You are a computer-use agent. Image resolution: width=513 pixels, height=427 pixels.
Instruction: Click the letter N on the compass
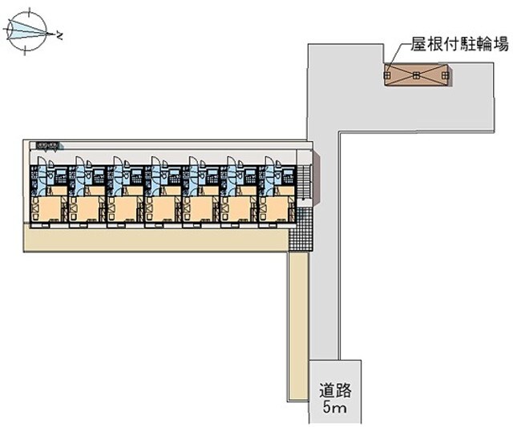(61, 34)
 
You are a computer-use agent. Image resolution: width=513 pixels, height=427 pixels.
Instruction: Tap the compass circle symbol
(29, 32)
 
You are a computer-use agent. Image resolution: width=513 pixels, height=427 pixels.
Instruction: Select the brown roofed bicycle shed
(417, 75)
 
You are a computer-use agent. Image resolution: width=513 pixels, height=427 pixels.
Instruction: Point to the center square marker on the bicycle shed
(417, 75)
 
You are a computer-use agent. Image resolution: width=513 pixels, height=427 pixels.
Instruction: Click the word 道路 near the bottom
(337, 393)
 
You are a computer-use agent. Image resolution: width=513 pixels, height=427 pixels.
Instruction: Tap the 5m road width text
(337, 409)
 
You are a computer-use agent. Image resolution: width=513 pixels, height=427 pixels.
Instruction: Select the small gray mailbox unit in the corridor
(47, 146)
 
